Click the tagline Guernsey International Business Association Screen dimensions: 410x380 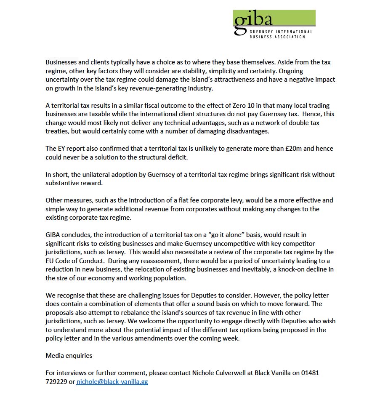click(281, 34)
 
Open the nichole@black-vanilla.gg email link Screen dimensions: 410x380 click(112, 382)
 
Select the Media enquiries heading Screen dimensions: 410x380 click(69, 356)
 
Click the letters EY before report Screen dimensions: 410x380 click(61, 149)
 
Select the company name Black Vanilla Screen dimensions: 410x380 click(274, 373)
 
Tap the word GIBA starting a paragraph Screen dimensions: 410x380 click(53, 235)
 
